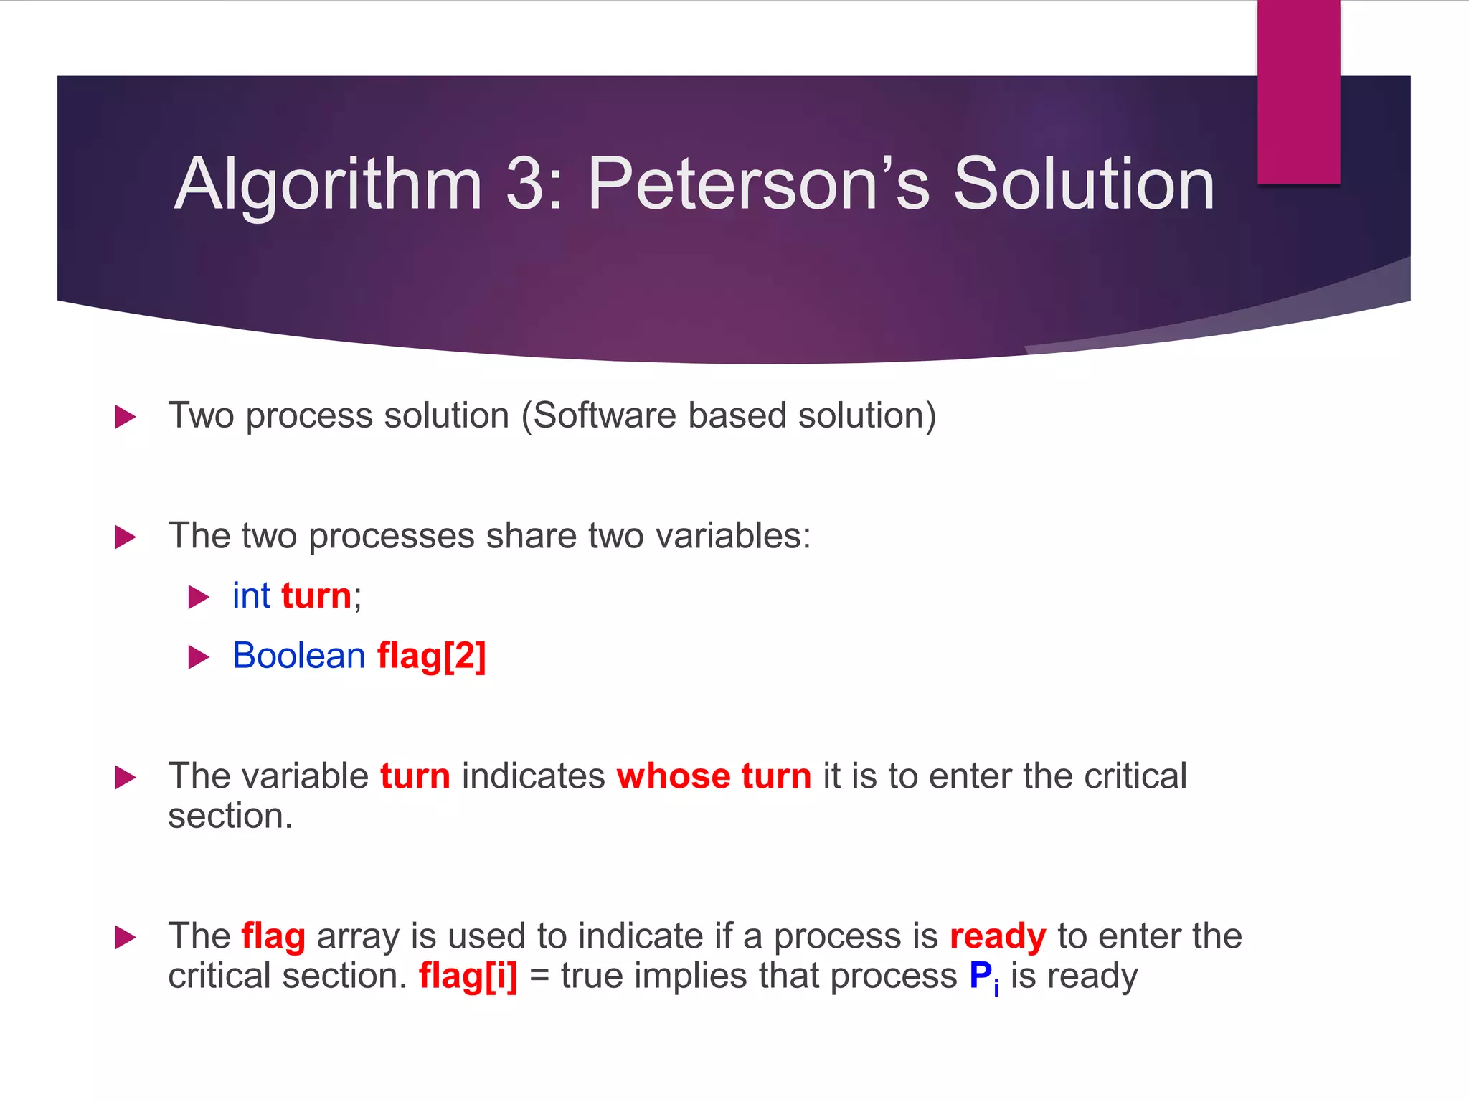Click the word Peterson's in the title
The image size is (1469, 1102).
point(758,184)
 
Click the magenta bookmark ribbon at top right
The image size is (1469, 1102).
point(1298,92)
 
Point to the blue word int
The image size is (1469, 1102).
point(251,595)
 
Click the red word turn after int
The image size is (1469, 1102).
point(316,596)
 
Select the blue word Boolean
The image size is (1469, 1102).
point(299,656)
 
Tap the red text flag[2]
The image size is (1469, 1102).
point(431,656)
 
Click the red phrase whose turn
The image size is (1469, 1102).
point(714,776)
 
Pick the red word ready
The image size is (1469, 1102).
point(997,937)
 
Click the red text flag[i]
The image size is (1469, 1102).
point(468,976)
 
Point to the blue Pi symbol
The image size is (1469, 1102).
point(983,977)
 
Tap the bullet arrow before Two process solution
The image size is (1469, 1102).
point(125,417)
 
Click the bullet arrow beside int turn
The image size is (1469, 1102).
point(198,597)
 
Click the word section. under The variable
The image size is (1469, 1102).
point(230,816)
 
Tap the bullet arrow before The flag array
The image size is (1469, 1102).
point(125,937)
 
